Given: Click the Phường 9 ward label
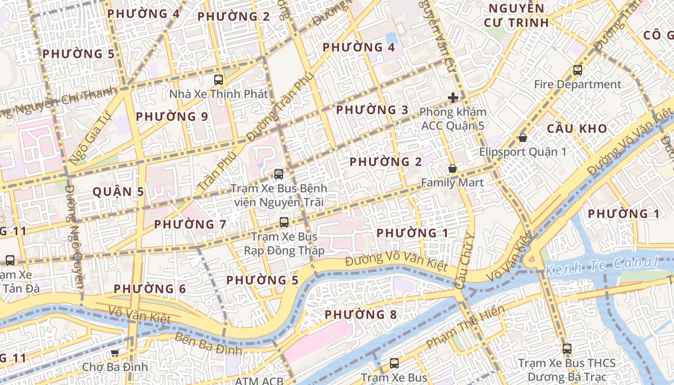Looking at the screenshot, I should point(172,116).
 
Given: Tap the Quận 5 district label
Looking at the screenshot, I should point(118,192).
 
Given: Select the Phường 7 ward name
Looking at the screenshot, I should point(190,224).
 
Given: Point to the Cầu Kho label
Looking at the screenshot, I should point(577,128).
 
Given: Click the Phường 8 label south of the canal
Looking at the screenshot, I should point(361,315).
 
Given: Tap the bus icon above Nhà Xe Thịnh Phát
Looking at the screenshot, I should point(218,79).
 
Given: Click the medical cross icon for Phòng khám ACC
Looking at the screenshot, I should point(453,98).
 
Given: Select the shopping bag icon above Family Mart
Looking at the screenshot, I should point(452,169).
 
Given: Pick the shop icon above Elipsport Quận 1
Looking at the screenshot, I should point(522,138).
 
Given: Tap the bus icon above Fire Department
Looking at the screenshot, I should point(577,70).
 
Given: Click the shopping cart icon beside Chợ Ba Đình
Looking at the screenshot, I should point(115,353).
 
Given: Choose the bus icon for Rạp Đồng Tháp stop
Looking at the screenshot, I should point(284,222).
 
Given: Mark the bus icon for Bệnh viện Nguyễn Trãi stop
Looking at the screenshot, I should point(278,174).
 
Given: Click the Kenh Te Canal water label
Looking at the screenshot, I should point(602,264).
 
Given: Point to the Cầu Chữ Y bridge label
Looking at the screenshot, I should point(465,262).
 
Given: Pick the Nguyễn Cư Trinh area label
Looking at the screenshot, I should point(516,15).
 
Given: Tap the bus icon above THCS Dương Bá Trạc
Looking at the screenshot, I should point(567,349).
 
